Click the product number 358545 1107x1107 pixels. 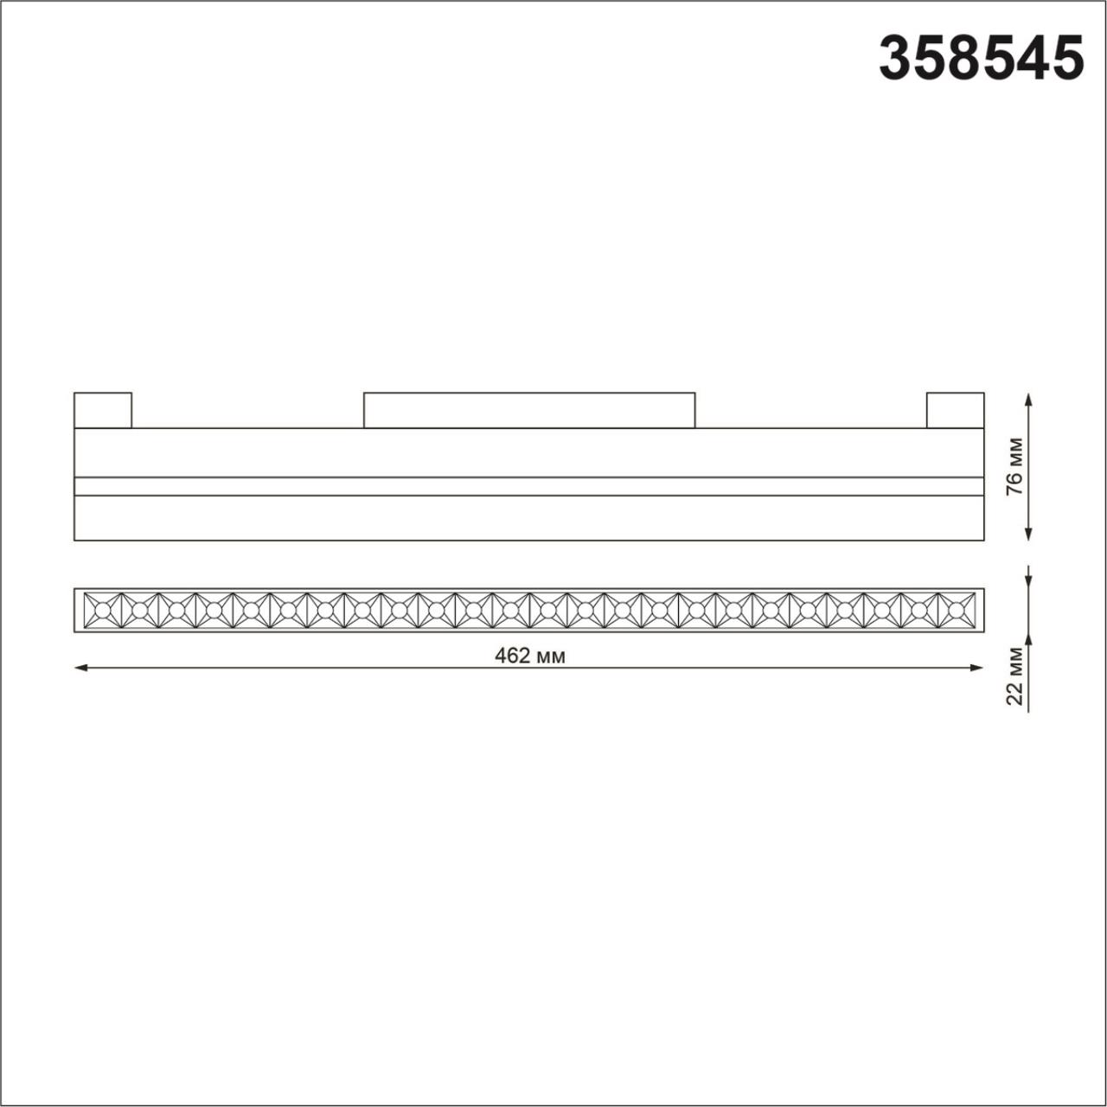tap(982, 59)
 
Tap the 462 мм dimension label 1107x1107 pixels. tap(529, 656)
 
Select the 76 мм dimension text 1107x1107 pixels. tap(1015, 466)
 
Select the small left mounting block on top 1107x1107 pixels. tap(103, 410)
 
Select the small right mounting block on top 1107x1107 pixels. tap(955, 410)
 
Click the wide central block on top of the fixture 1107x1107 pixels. tap(528, 410)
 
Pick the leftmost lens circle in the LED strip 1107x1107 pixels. tap(102, 611)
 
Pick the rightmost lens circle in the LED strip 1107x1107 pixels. tap(956, 611)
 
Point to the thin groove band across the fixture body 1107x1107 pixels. tap(528, 486)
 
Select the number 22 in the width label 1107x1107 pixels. tap(1015, 694)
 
